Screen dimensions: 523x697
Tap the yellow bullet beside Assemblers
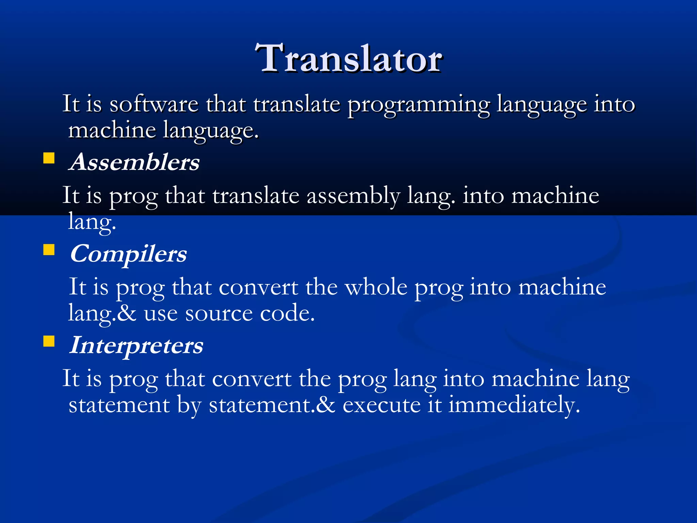[x=49, y=158]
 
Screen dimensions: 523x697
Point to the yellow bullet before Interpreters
[x=49, y=341]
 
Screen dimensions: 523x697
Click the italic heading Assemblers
[x=134, y=162]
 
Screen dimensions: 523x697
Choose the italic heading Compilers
[x=128, y=254]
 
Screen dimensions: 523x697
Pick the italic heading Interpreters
[x=136, y=345]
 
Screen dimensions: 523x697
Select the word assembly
[x=353, y=196]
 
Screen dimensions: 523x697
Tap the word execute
[x=382, y=405]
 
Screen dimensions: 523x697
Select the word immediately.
[x=514, y=405]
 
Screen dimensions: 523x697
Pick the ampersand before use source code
[x=126, y=313]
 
